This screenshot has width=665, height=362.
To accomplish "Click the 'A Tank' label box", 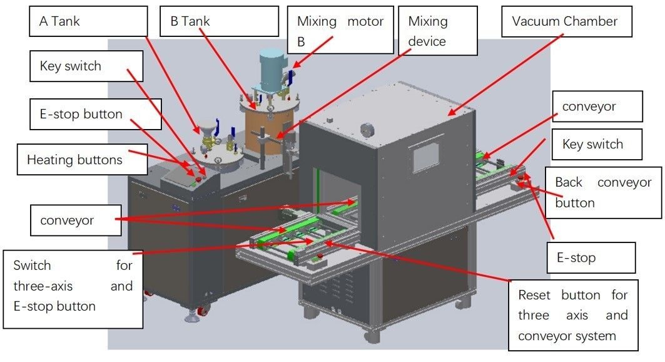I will click(x=88, y=21).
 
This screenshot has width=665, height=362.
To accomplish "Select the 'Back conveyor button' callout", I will click(x=603, y=192).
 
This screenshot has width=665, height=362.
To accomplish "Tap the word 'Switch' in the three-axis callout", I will click(x=33, y=266).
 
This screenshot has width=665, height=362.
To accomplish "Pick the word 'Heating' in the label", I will click(x=50, y=160).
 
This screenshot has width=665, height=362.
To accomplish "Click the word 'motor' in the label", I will click(x=366, y=21).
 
